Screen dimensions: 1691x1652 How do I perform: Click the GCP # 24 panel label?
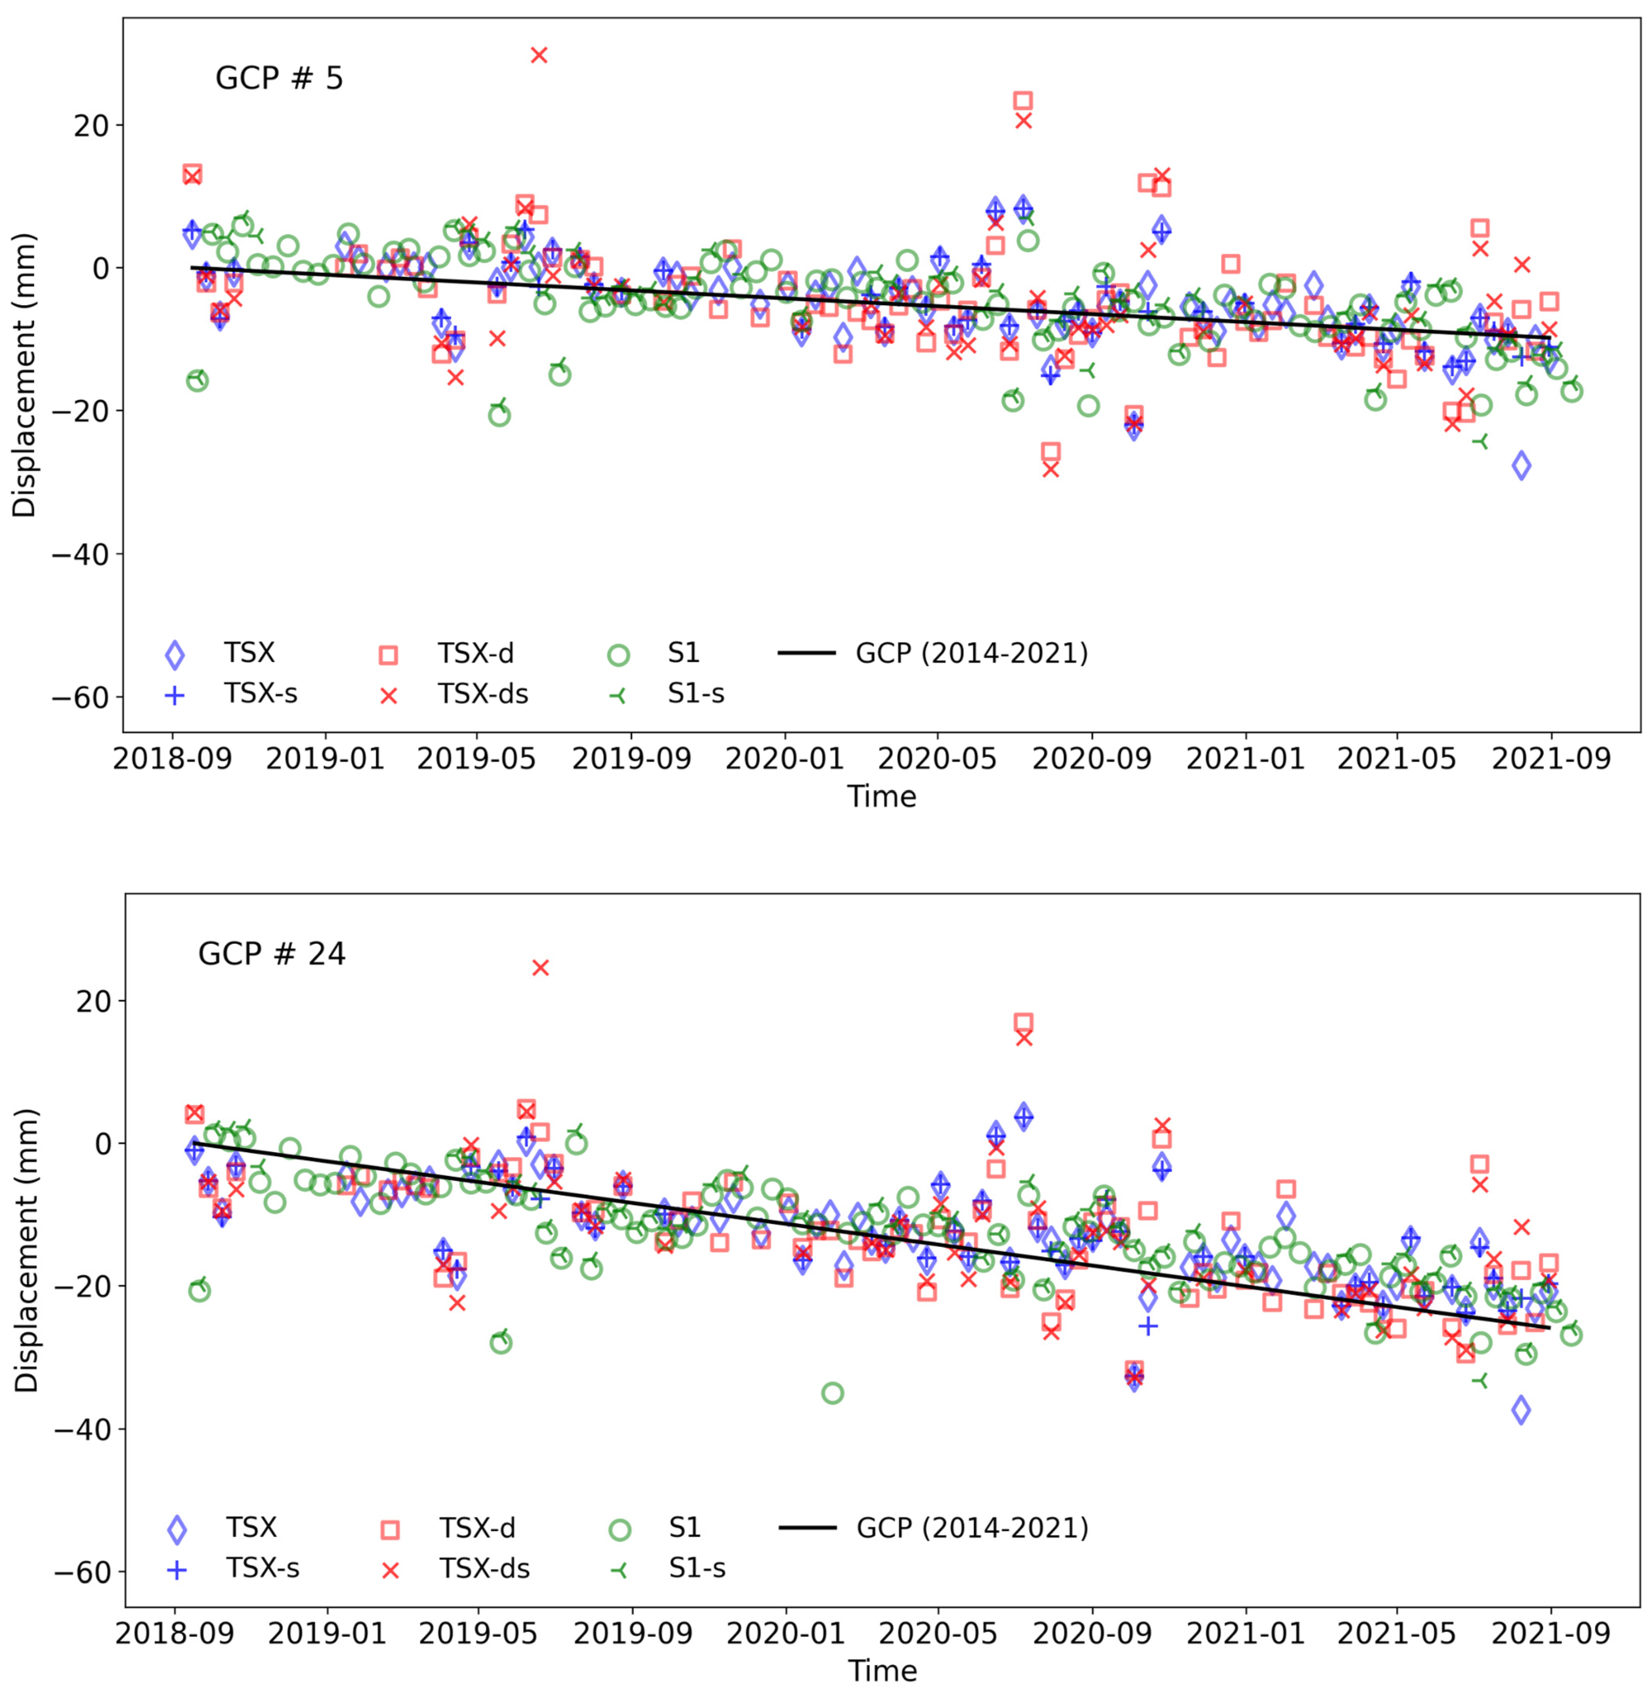(x=271, y=954)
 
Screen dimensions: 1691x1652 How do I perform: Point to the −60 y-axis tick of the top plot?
(x=85, y=697)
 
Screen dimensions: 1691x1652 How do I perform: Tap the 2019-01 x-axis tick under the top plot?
(x=324, y=759)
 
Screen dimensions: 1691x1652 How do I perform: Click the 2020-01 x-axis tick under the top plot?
(x=784, y=759)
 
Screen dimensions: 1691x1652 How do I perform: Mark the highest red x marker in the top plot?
(x=539, y=55)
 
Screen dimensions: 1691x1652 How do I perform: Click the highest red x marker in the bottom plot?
(x=541, y=968)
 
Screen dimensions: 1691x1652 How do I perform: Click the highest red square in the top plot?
(x=1023, y=101)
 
